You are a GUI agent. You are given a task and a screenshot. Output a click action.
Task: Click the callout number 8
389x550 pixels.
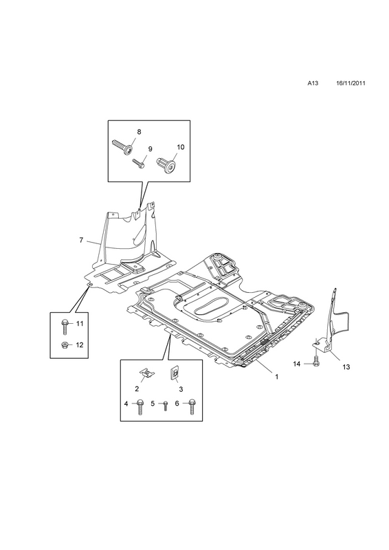click(x=139, y=132)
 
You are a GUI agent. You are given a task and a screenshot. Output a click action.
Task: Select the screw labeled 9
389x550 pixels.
click(x=137, y=162)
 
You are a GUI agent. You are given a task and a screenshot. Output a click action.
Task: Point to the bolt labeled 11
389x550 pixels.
click(x=65, y=327)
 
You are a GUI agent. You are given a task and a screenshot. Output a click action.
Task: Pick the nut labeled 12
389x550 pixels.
click(x=65, y=345)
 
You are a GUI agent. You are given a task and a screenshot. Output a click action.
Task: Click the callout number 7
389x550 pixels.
click(x=81, y=240)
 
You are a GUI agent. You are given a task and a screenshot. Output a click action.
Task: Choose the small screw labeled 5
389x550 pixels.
click(x=165, y=406)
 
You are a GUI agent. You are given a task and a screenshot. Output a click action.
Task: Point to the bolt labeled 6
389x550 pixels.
click(x=192, y=406)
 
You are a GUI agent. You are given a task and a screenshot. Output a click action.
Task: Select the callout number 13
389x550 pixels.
click(x=346, y=367)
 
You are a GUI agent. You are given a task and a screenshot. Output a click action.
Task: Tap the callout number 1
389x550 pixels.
click(x=276, y=376)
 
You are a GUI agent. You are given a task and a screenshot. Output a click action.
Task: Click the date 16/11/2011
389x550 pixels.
click(x=351, y=83)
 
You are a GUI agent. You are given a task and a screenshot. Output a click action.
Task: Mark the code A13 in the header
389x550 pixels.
click(x=313, y=83)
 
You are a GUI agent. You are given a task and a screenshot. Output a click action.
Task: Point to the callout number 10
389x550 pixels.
click(x=180, y=147)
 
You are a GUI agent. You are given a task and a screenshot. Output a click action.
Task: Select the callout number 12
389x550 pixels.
click(x=80, y=345)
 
